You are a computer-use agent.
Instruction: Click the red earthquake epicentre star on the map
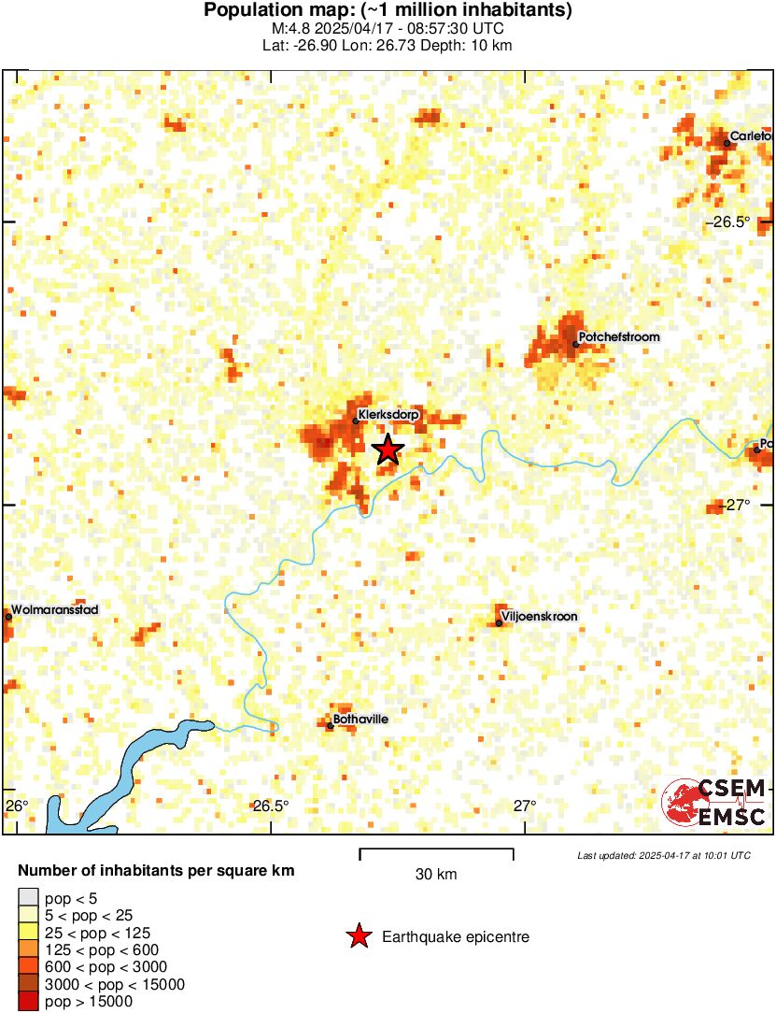click(x=388, y=449)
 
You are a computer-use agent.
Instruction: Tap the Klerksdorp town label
click(x=388, y=413)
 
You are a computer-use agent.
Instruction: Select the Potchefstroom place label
click(x=619, y=336)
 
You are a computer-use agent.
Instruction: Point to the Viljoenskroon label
click(x=540, y=617)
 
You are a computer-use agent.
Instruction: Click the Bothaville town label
click(x=360, y=720)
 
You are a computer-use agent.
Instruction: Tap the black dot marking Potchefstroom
click(x=576, y=344)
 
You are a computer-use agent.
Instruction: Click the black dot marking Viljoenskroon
click(x=500, y=623)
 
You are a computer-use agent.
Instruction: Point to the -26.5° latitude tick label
click(x=727, y=222)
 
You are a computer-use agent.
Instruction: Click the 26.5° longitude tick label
click(x=270, y=806)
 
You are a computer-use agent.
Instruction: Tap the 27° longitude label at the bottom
click(x=524, y=806)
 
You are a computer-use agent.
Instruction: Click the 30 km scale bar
click(x=436, y=850)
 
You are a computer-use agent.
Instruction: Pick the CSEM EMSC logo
click(x=714, y=803)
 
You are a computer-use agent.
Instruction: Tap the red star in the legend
click(x=358, y=936)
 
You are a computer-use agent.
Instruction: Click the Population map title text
click(x=388, y=11)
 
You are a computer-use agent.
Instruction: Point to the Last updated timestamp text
click(x=663, y=855)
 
